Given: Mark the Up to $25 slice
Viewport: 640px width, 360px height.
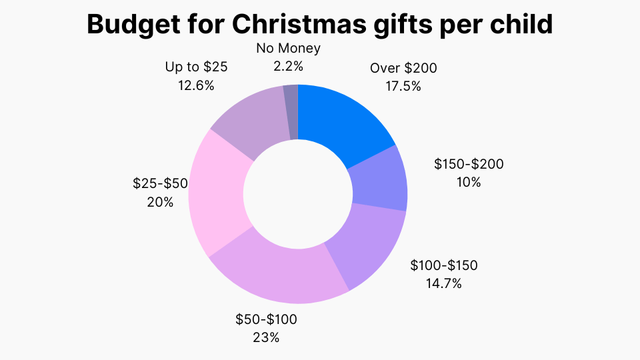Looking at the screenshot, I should [x=250, y=120].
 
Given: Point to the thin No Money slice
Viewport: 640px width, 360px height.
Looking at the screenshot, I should [x=291, y=112].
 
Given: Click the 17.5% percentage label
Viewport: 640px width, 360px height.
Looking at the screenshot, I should [x=403, y=86].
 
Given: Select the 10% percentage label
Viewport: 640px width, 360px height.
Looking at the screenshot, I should [x=468, y=182].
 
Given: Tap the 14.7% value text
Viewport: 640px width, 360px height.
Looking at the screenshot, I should [x=444, y=283].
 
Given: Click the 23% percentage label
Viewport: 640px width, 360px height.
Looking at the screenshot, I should [x=266, y=337].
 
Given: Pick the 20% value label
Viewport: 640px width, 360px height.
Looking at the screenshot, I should [x=160, y=201].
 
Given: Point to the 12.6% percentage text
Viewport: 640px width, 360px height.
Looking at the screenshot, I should [x=195, y=85].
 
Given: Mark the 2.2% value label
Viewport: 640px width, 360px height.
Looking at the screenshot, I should [x=288, y=66].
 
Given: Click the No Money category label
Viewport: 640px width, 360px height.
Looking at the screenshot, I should [x=288, y=48].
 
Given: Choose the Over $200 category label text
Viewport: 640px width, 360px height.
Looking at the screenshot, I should [x=403, y=68].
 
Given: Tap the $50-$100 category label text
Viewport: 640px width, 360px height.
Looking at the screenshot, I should [x=266, y=319].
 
